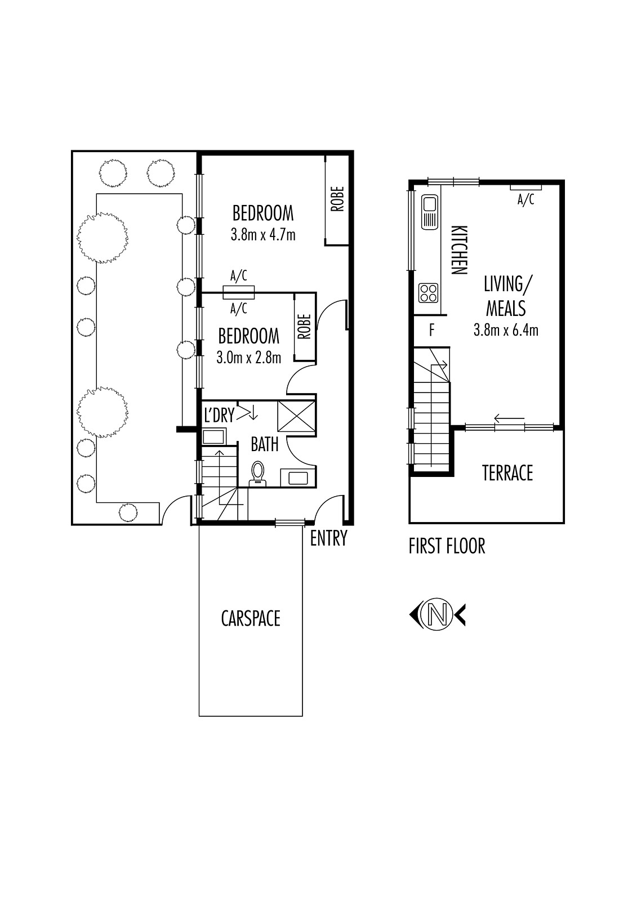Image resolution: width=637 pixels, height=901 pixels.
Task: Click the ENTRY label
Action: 328,538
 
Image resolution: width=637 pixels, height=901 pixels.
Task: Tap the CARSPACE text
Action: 251,618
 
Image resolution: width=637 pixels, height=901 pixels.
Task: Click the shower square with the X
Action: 297,416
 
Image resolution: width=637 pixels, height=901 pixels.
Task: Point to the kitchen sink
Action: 429,212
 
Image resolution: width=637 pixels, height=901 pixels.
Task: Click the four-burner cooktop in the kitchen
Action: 428,293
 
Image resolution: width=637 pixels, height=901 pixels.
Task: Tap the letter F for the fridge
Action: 432,330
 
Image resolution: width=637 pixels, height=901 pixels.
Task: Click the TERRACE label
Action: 507,472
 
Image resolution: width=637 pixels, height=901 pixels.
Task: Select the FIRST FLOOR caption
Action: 447,546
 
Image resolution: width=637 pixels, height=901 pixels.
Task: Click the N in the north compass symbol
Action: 438,614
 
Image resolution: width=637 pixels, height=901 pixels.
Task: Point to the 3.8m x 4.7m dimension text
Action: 263,234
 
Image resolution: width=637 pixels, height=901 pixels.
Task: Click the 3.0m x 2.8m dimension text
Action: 249,358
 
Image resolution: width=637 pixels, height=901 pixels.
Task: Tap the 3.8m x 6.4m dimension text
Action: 506,330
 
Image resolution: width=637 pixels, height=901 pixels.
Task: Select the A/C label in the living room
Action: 525,199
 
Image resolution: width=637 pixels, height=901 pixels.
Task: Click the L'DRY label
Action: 219,415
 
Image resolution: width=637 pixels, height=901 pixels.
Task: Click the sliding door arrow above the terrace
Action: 510,419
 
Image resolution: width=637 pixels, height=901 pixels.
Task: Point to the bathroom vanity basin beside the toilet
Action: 298,478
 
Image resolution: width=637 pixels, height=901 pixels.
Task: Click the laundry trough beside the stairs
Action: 213,437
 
